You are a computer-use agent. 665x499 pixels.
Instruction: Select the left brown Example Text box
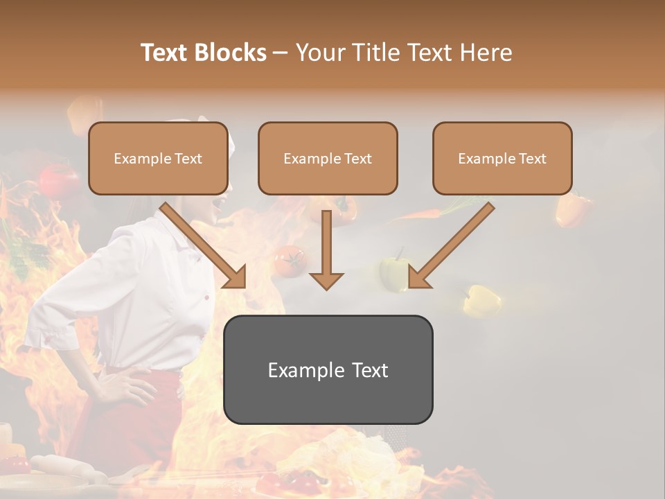pos(158,159)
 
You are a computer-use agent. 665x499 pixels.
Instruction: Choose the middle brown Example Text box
pos(328,159)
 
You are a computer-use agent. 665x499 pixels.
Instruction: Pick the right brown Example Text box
pos(502,159)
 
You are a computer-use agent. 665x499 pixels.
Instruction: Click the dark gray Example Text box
pos(328,370)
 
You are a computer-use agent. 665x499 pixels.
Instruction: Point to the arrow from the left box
pos(204,246)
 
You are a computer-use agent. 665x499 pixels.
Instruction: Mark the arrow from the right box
pos(450,246)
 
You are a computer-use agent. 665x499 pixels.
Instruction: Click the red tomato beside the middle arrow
pos(288,260)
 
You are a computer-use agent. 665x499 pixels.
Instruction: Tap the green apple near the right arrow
pos(393,272)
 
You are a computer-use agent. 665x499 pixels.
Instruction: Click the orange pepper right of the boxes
pos(573,210)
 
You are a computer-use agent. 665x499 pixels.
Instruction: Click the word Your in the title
pos(320,53)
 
